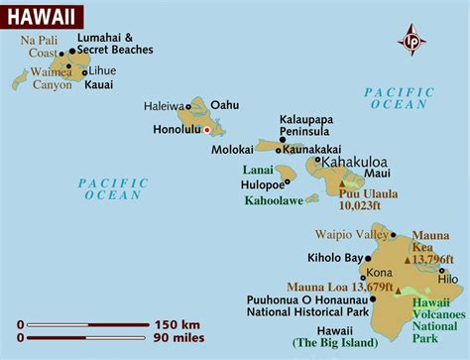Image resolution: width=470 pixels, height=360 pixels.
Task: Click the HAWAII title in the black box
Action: (x=43, y=16)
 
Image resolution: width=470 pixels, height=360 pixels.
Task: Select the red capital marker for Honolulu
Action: (x=207, y=129)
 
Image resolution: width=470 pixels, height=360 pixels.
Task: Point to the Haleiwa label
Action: (x=164, y=105)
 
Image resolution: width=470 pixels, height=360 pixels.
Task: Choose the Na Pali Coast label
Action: (x=41, y=47)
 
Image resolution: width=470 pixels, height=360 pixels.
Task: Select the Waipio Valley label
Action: (x=348, y=235)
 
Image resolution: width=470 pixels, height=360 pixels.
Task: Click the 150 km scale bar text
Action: (x=180, y=324)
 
